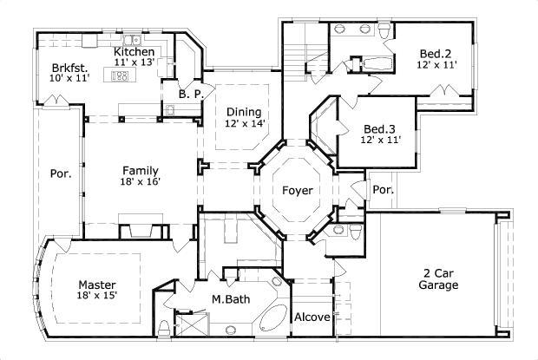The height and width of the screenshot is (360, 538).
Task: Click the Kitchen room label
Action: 134,52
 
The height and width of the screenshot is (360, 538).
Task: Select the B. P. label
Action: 190,94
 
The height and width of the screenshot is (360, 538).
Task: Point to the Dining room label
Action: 244,112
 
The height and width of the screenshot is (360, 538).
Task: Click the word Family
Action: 140,170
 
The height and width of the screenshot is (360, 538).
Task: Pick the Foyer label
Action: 287,191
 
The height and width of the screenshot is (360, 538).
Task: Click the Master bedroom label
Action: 97,285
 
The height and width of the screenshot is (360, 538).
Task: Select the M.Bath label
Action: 231,299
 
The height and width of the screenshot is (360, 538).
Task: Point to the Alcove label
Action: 312,317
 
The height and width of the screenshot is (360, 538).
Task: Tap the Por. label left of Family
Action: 60,172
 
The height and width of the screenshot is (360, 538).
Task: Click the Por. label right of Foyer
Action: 383,189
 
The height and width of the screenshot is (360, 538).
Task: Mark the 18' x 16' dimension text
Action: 140,181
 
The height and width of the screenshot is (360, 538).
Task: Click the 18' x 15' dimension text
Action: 97,296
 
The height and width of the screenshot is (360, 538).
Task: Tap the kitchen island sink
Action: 121,76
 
